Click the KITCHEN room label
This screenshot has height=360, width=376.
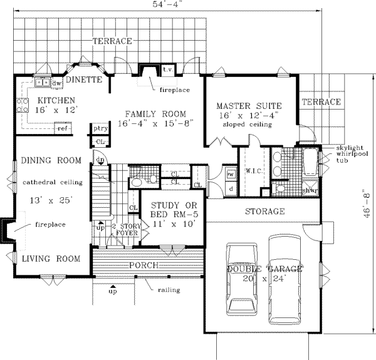point(56,100)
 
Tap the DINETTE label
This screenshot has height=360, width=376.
point(84,80)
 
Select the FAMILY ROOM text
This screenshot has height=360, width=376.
point(155,113)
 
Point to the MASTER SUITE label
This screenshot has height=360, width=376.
point(248,105)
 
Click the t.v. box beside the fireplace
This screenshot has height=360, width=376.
point(169,69)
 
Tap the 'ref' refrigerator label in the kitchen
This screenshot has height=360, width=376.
point(63,128)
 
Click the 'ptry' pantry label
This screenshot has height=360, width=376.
point(98,128)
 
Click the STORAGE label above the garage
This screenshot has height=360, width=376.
point(264,212)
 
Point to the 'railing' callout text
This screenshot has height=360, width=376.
point(169,290)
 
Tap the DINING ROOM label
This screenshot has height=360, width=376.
point(51,161)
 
